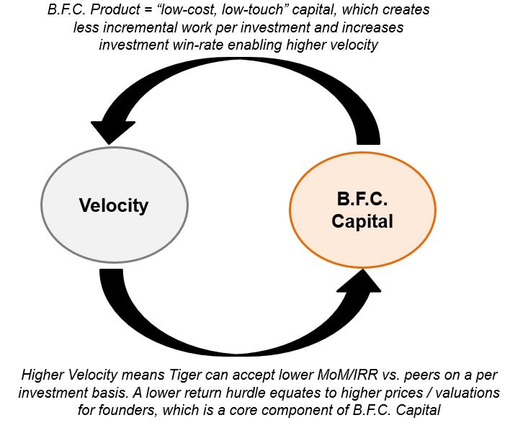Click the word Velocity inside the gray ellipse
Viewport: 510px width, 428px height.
[x=113, y=205]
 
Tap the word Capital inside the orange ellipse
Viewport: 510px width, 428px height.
[x=362, y=221]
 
